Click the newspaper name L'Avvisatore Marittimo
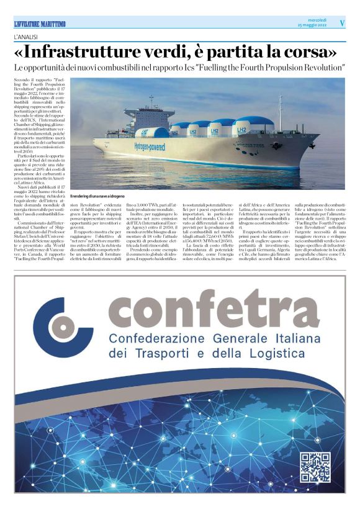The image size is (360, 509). pyautogui.click(x=40, y=24)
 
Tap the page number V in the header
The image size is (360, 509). pyautogui.click(x=342, y=23)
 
